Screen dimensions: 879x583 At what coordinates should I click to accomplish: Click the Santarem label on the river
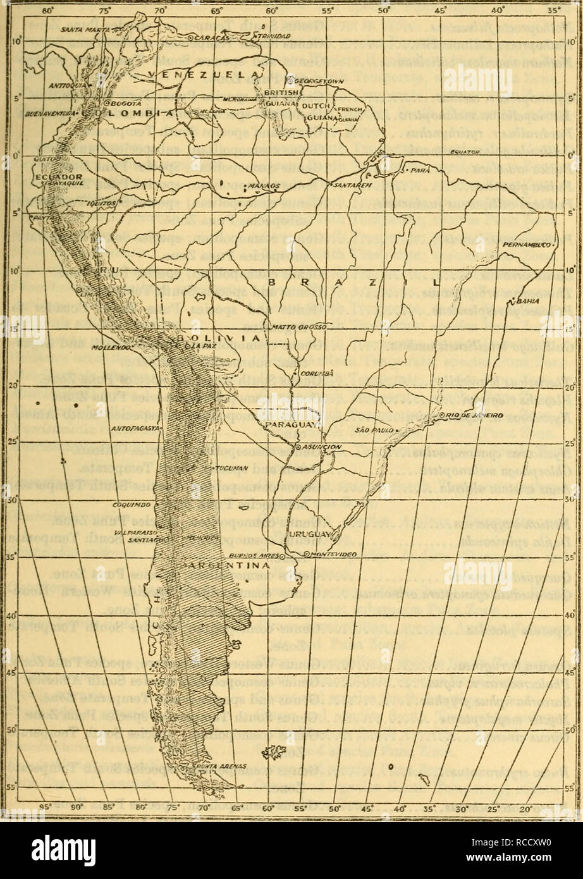coord(345,185)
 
